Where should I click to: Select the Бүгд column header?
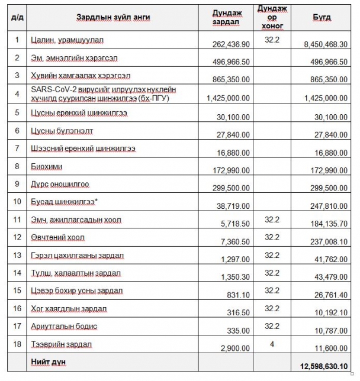[322, 17]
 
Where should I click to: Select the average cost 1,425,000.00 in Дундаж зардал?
[228, 98]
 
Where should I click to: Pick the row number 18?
[17, 344]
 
